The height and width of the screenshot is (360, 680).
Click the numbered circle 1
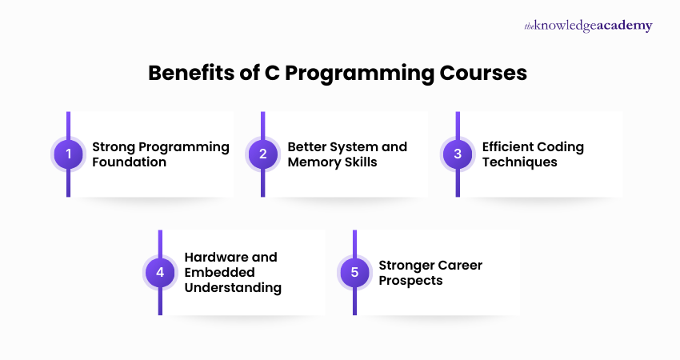pos(68,154)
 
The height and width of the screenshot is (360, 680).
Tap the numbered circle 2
pos(263,154)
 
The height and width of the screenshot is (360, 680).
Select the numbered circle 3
pos(458,154)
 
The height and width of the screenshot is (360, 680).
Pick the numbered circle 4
pos(160,273)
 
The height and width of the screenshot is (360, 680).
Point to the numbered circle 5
pos(354,273)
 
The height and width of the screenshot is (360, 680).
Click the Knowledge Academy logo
pos(588,26)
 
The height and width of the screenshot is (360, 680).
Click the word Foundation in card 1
pos(130,162)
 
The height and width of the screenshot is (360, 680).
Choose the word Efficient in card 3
pos(508,147)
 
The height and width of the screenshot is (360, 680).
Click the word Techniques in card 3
pos(519,162)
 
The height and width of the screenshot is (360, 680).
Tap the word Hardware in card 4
pos(220,258)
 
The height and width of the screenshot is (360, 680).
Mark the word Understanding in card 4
pos(233,288)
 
